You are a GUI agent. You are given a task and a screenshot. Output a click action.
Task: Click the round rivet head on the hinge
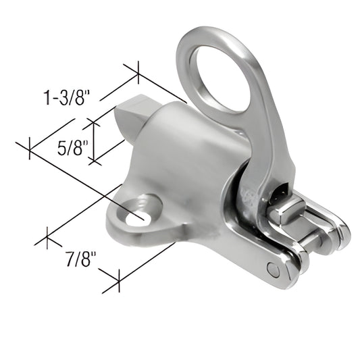(273, 270)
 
